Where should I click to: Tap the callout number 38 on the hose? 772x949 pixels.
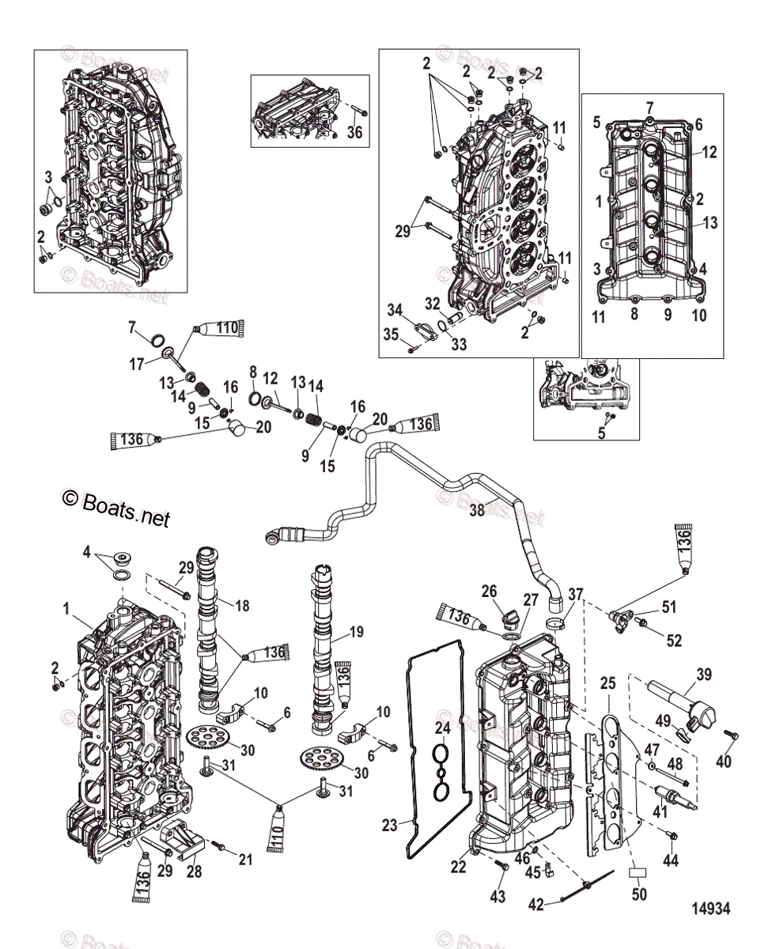point(476,510)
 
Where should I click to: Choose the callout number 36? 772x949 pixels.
point(354,133)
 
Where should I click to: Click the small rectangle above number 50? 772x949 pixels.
point(638,873)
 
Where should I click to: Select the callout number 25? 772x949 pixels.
point(607,681)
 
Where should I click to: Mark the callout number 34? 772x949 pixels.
point(395,308)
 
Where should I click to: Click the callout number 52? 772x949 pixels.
point(673,641)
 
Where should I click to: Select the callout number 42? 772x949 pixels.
point(536,905)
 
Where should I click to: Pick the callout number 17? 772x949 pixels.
point(137,364)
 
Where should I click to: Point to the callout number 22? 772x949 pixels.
point(460,867)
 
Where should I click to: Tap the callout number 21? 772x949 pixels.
point(246,859)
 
